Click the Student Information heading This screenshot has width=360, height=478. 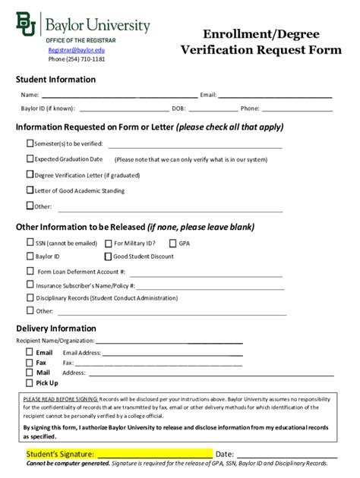coord(55,80)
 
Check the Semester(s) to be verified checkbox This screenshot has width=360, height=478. coord(30,143)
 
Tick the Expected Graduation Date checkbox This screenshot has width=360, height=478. coord(30,159)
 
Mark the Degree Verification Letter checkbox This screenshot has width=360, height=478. coord(30,175)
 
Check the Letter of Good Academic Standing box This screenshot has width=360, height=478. coord(30,190)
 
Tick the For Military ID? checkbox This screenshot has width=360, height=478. coord(109,243)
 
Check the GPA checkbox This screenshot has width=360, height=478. coord(174,243)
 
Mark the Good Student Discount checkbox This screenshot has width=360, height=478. coord(109,256)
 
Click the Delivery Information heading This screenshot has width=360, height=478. coord(56,329)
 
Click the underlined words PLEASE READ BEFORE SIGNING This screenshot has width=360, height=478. coord(61,398)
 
